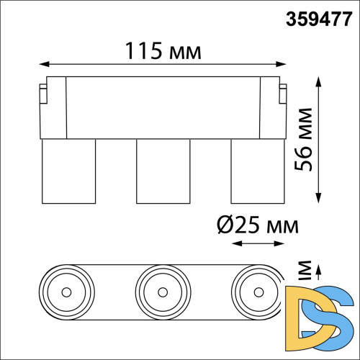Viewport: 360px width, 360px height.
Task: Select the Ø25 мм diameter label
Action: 256,225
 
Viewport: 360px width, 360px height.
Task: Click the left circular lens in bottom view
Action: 68,292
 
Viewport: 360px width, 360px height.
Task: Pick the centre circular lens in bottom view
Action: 163,292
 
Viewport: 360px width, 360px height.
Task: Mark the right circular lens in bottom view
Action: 257,292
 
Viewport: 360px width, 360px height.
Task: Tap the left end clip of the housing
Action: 42,94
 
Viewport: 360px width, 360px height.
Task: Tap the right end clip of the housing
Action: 284,94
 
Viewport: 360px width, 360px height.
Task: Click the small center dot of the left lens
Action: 68,292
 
